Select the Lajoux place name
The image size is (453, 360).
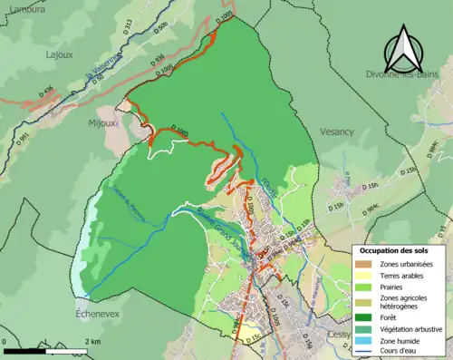(x=60, y=54)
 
